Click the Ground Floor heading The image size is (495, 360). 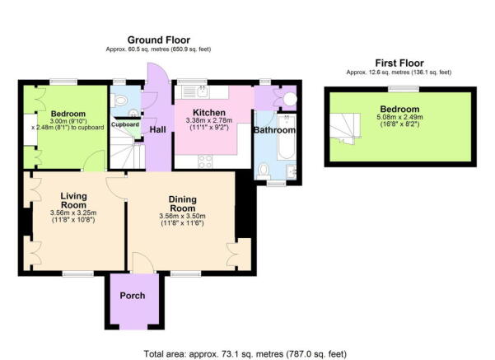coord(157,39)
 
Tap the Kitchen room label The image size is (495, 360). coord(209,113)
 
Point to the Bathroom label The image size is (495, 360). coord(273,130)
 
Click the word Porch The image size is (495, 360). coord(132,296)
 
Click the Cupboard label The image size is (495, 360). coord(125,124)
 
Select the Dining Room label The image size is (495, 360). coord(182,203)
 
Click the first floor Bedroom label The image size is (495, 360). coord(399,110)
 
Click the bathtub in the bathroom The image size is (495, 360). coord(284,150)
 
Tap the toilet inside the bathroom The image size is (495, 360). coord(264,171)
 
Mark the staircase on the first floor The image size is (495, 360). coord(346,129)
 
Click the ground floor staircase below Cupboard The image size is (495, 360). coord(124,152)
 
